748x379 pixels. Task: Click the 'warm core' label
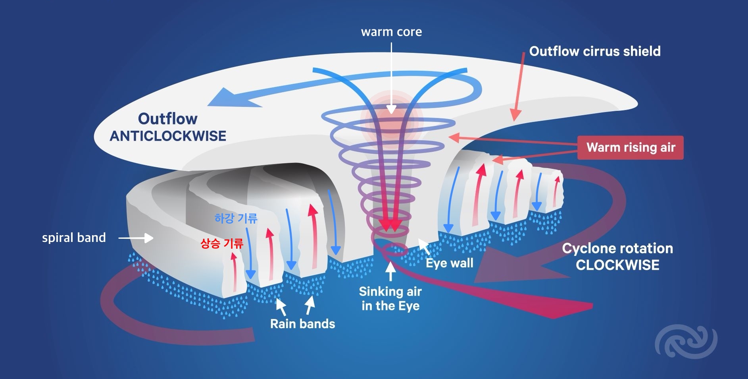coord(391,32)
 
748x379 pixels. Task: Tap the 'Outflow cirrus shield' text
coord(594,51)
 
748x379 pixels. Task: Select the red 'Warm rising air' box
coord(631,147)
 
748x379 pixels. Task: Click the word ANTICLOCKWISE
coord(168,136)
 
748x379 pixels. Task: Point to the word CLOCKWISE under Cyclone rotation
coord(617,265)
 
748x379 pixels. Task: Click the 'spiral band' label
coord(74,238)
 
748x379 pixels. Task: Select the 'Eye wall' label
coord(449,263)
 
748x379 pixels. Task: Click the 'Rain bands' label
coord(302,324)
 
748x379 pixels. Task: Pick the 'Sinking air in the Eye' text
coord(390,299)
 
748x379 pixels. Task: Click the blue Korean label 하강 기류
coord(236,218)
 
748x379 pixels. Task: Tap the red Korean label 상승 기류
coord(221,243)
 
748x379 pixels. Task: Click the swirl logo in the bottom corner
coord(686,341)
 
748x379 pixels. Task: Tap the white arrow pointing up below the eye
coord(390,271)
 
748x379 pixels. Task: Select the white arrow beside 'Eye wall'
coord(424,246)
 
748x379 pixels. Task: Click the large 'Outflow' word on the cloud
coord(167,118)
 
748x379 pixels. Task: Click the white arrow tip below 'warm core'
coord(391,111)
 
